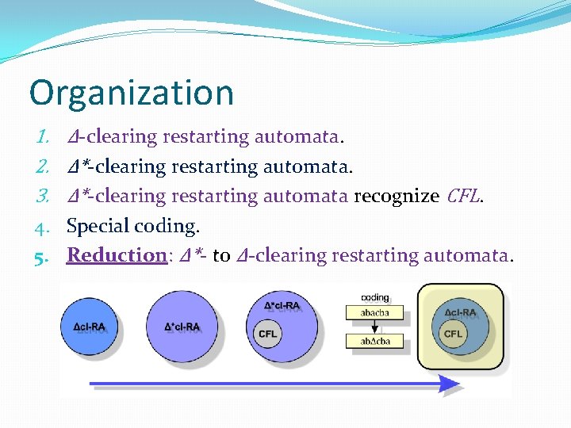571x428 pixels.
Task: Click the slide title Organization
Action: pyautogui.click(x=132, y=93)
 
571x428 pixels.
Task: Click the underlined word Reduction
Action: pyautogui.click(x=115, y=255)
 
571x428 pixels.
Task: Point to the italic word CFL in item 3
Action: pyautogui.click(x=464, y=196)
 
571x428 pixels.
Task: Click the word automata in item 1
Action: pyautogui.click(x=297, y=137)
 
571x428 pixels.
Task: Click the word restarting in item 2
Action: pyautogui.click(x=213, y=166)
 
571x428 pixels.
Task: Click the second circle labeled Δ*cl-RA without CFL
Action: pyautogui.click(x=182, y=327)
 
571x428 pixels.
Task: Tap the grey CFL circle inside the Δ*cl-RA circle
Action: pyautogui.click(x=268, y=334)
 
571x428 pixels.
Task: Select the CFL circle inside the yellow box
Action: pyautogui.click(x=453, y=334)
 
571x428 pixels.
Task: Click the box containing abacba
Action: pyautogui.click(x=374, y=313)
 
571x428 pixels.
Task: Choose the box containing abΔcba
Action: pyautogui.click(x=374, y=342)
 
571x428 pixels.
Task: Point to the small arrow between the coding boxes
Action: pyautogui.click(x=374, y=327)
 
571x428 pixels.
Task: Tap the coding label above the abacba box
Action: pyautogui.click(x=374, y=298)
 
